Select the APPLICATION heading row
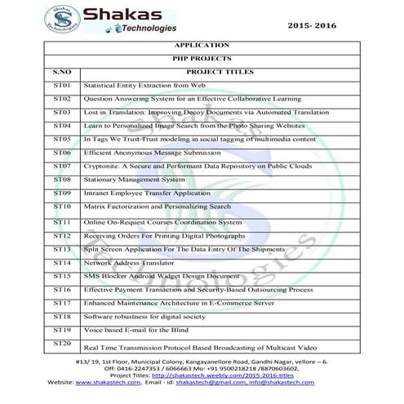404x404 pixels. click(202, 46)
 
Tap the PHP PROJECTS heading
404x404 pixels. click(202, 59)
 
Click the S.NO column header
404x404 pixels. click(63, 72)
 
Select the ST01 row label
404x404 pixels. click(62, 85)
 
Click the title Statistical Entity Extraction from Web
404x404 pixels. click(145, 86)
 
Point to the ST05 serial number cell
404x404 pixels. click(62, 140)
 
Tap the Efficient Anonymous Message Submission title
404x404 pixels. click(152, 153)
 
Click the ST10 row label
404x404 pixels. click(62, 207)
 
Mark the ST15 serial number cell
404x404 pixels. click(62, 276)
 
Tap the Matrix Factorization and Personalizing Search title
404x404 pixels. click(158, 207)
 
